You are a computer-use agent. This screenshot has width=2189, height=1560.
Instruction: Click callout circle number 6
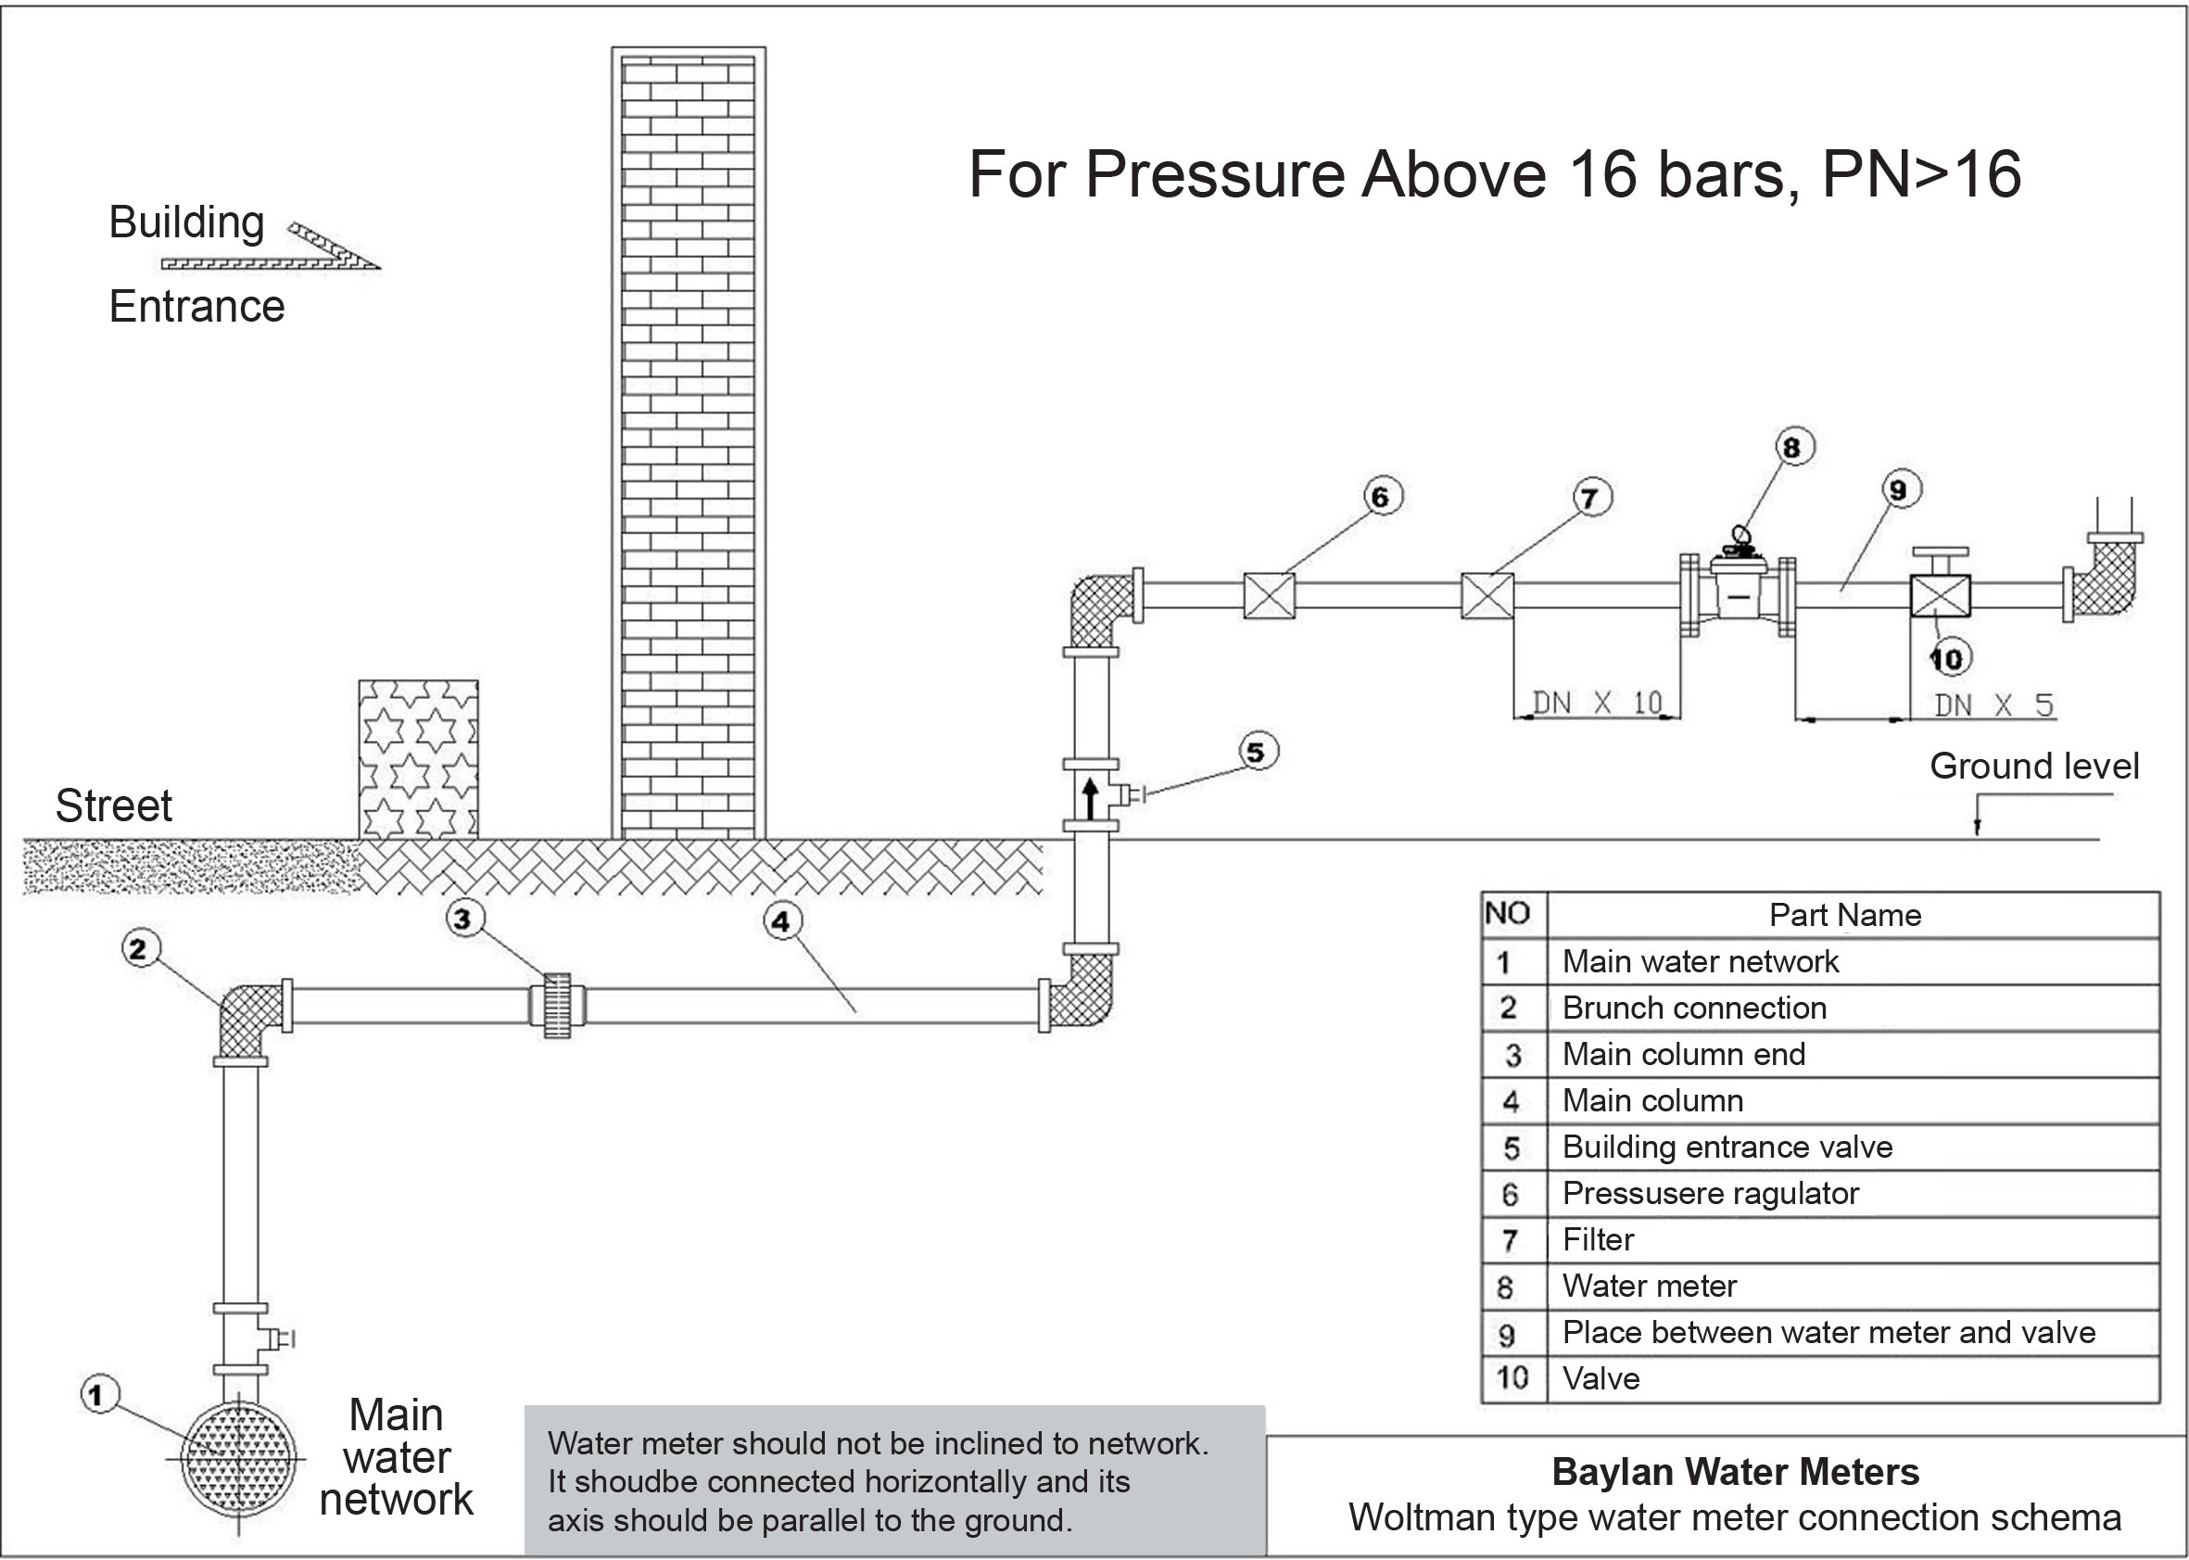click(1381, 496)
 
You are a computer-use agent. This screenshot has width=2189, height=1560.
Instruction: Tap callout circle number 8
click(1791, 447)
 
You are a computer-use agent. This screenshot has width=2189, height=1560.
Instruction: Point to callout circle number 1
click(99, 1394)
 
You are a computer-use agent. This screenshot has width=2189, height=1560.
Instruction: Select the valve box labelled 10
click(1940, 596)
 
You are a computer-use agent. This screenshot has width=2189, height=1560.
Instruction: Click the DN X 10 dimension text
click(1598, 704)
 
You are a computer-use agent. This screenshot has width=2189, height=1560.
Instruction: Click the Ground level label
click(2034, 766)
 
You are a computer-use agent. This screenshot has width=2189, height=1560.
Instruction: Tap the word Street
click(113, 805)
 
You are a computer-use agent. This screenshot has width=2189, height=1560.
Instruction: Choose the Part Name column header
click(1845, 915)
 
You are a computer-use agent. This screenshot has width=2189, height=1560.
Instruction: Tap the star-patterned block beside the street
click(419, 759)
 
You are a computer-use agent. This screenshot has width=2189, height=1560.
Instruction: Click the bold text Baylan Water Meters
click(1736, 1472)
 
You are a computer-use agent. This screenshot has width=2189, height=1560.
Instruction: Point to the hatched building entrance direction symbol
click(271, 247)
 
